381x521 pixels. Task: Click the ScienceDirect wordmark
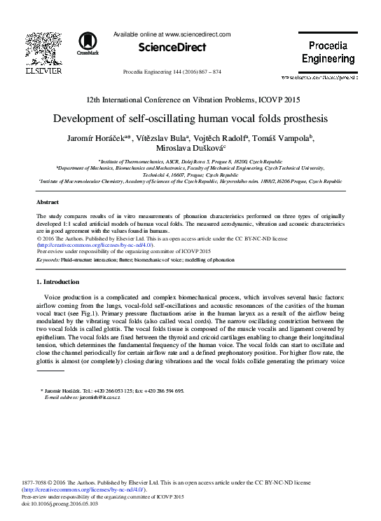pos(172,48)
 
